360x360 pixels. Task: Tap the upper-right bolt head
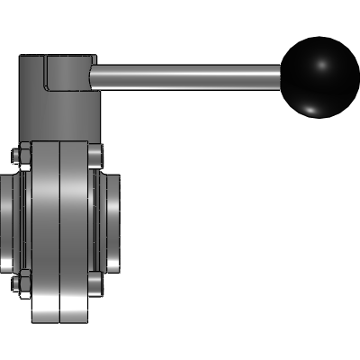[x=94, y=155]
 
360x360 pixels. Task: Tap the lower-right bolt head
[x=94, y=286]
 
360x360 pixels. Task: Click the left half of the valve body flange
[x=45, y=229]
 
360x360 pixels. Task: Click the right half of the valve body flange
[x=76, y=229]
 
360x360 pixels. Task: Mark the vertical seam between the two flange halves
[x=60, y=229]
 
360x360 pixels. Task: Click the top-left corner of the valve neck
[x=22, y=57]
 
